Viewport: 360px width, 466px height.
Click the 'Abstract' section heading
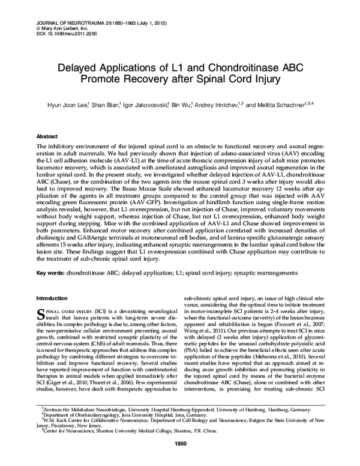tap(48, 136)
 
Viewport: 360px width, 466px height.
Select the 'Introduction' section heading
tap(53, 298)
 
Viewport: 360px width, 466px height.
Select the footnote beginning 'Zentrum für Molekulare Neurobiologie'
tap(180, 425)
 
